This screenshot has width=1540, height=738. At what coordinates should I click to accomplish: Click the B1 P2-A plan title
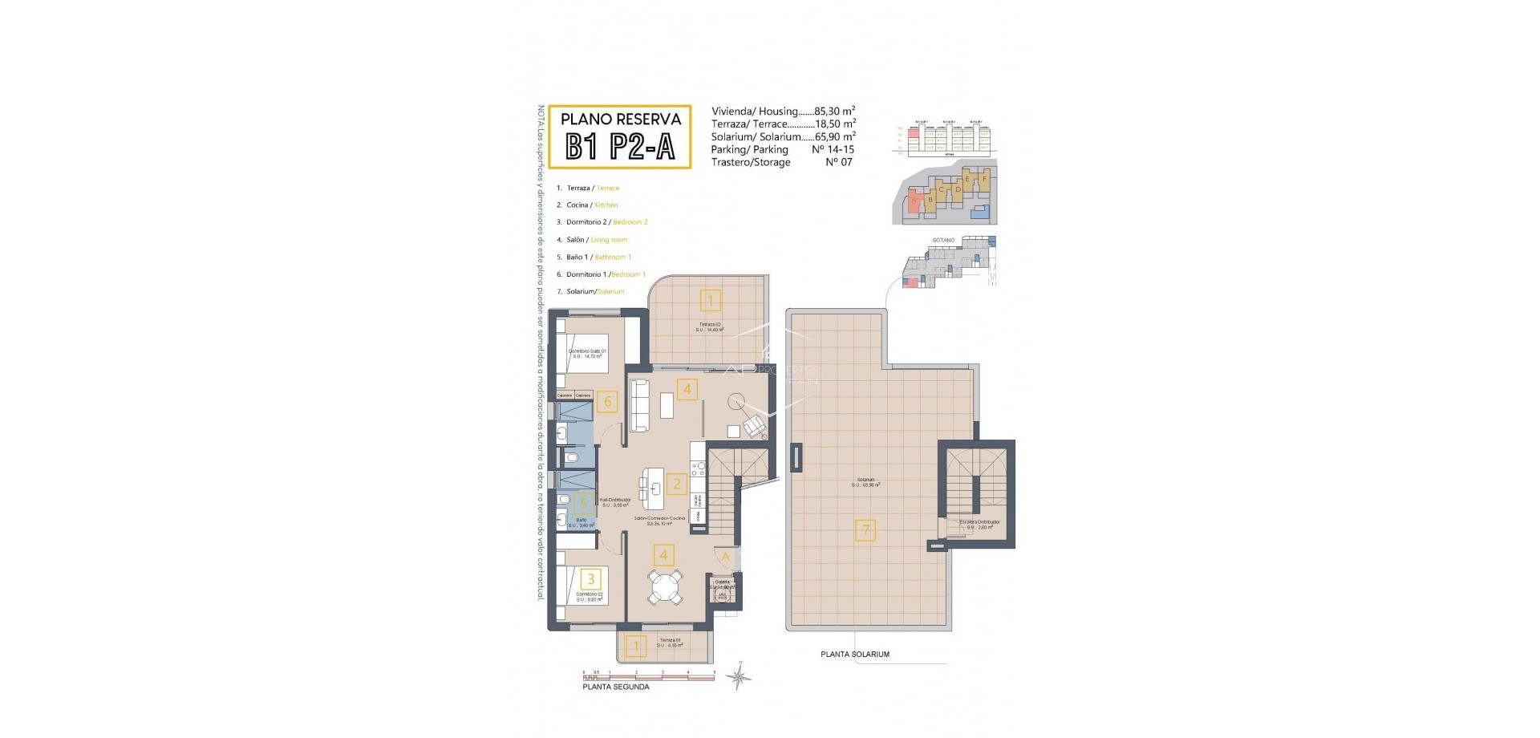(x=619, y=147)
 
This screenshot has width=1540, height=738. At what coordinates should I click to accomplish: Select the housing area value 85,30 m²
(x=834, y=112)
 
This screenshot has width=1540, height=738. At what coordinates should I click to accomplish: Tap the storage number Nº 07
(x=839, y=162)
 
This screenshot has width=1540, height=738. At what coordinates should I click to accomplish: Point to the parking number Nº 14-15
(x=833, y=149)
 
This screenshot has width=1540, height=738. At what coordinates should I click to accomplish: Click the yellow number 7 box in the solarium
(x=865, y=529)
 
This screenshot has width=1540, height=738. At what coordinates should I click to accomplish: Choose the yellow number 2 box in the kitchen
(x=677, y=484)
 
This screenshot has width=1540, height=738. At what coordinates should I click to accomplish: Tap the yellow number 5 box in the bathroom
(x=584, y=504)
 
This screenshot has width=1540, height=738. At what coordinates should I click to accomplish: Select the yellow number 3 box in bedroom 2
(x=591, y=578)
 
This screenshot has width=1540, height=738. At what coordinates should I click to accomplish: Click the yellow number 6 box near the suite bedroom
(x=607, y=401)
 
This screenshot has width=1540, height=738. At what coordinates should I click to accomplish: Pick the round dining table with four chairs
(x=666, y=586)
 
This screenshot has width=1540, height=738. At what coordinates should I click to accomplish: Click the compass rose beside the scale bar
(x=739, y=679)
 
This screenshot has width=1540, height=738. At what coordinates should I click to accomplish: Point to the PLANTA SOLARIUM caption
(x=854, y=655)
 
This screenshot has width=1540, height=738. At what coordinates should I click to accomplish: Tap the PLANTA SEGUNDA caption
(x=616, y=687)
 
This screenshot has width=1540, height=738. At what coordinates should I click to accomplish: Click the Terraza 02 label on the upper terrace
(x=709, y=324)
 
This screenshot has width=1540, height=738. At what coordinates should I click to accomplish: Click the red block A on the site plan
(x=914, y=201)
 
